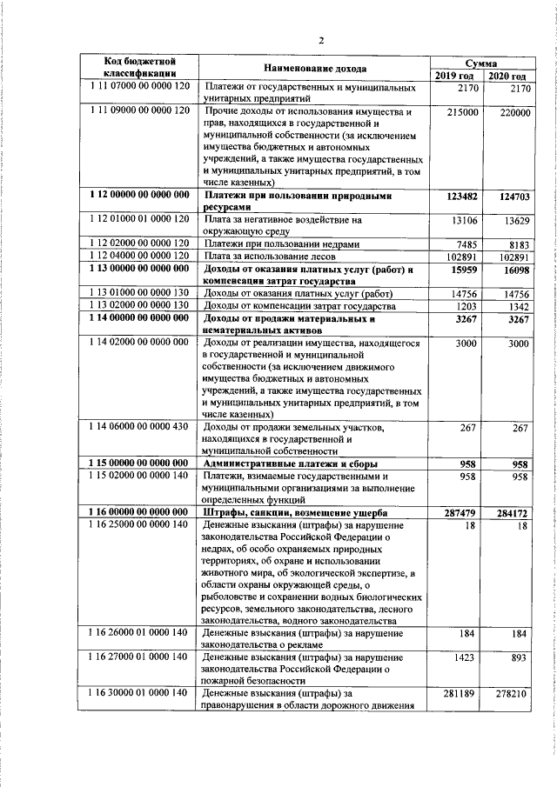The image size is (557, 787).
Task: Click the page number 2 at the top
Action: pos(320,39)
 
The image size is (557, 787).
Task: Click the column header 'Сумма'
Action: pos(480,63)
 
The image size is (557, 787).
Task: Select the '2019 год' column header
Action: pos(455,77)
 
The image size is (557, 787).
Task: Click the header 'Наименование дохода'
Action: pos(314,69)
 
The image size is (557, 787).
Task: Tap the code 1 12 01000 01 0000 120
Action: pos(139,220)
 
